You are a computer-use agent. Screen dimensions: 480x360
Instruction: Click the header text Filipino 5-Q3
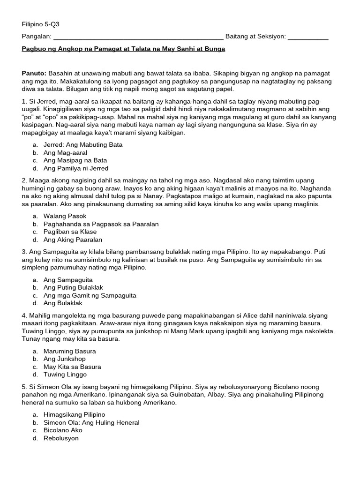41,24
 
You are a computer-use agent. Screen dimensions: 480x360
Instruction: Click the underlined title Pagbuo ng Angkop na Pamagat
124,49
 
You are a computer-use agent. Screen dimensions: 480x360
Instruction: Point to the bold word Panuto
34,74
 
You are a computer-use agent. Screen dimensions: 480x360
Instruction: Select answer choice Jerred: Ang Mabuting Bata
83,145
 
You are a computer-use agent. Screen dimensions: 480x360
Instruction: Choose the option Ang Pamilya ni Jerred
76,168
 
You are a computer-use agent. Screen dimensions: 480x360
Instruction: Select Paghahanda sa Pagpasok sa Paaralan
101,224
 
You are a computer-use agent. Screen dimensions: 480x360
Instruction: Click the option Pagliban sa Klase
70,232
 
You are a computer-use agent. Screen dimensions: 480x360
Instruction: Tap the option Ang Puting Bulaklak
73,287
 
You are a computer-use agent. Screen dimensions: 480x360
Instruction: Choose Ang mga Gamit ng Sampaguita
90,295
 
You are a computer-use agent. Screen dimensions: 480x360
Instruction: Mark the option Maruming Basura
69,351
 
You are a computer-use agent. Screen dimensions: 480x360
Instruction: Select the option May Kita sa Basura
72,367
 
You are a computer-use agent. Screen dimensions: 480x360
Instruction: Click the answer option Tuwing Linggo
65,375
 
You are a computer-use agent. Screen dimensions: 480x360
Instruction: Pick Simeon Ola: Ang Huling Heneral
91,422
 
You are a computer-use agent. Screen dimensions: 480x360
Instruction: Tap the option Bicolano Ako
63,430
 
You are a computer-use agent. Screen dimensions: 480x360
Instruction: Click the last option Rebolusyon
61,438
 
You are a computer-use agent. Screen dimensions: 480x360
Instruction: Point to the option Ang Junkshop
64,359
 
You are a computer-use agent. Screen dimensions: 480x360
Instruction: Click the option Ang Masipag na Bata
75,160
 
